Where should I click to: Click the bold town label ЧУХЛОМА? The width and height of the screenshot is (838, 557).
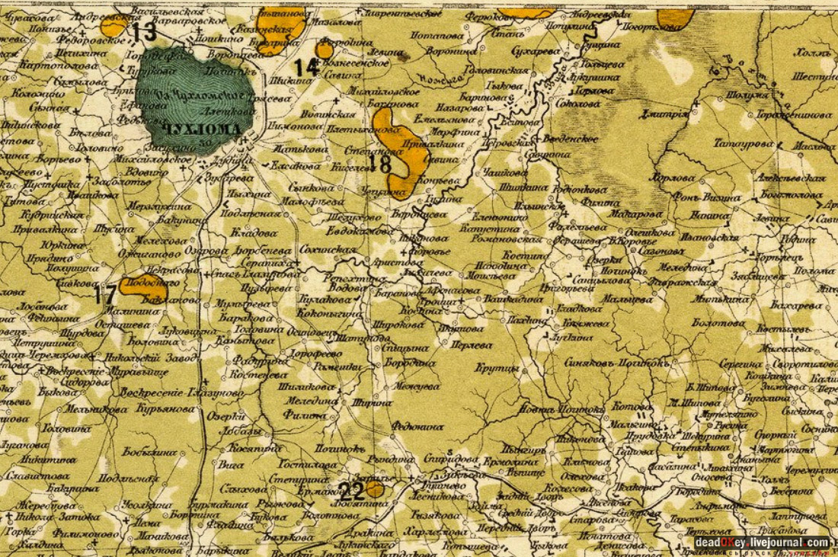click(202, 129)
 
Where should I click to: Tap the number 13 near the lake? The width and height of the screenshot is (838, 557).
click(143, 32)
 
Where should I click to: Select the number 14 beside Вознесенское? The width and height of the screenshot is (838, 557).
click(307, 67)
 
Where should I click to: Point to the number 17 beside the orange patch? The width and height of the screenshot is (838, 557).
click(106, 295)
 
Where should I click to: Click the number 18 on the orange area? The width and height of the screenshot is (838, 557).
click(384, 162)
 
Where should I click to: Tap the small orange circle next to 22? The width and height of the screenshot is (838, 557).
click(374, 489)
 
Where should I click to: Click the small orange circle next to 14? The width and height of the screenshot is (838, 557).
click(325, 50)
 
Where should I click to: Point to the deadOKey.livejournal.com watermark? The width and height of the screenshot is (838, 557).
click(762, 543)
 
